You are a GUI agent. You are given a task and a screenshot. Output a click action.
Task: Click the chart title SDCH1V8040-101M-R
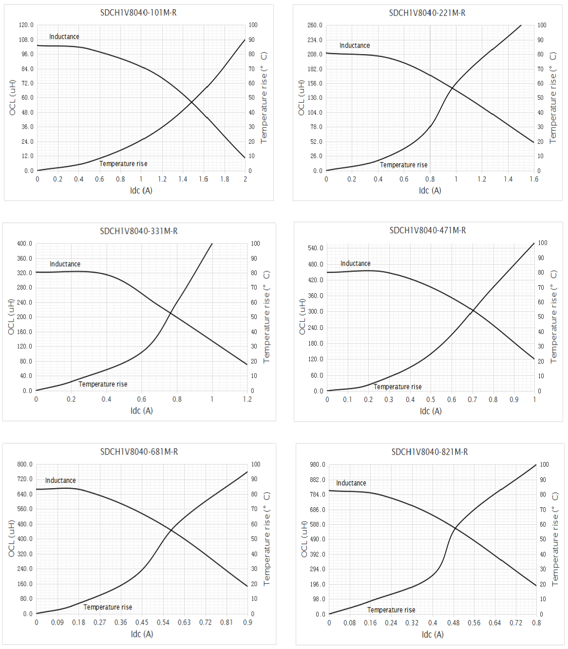138,13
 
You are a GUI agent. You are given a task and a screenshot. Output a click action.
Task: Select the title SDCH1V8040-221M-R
427,13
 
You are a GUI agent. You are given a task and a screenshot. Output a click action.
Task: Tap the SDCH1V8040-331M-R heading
139,231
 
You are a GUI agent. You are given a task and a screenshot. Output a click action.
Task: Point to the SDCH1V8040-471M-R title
428,230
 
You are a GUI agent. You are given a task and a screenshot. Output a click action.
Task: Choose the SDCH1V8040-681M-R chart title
139,452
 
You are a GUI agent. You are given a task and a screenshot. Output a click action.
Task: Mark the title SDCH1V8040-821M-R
430,452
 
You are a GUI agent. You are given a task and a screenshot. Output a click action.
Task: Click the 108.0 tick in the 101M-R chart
26,39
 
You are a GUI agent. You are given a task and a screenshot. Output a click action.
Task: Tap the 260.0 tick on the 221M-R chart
315,25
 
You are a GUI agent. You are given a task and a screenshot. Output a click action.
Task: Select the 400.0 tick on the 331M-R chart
24,243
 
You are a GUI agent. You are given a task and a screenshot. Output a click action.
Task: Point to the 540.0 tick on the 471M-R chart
315,248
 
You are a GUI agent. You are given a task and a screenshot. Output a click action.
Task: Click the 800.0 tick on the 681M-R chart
25,464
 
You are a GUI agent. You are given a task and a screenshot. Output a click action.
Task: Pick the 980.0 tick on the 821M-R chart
318,465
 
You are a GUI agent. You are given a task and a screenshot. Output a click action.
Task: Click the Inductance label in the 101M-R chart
64,37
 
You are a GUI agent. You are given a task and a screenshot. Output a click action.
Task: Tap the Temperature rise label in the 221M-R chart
403,165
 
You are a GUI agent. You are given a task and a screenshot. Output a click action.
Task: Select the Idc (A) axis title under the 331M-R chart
141,411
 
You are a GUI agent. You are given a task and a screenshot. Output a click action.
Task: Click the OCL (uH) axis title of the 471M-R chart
303,317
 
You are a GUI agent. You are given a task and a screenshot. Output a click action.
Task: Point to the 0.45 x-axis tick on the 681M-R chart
142,622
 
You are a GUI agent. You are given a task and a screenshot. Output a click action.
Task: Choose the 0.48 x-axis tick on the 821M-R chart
453,623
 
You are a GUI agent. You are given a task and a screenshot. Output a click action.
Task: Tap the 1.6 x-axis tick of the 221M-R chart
534,179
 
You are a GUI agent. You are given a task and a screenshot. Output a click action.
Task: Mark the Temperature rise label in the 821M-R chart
391,610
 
